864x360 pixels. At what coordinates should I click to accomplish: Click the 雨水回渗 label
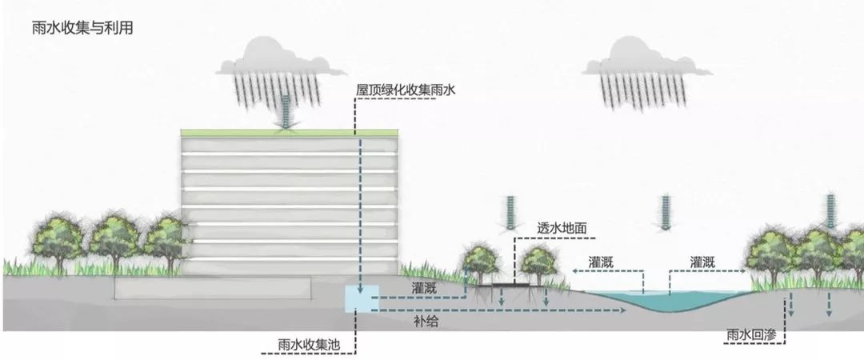tap(751, 333)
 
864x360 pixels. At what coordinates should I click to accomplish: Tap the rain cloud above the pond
tap(647, 61)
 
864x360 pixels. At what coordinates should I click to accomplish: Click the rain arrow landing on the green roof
tap(286, 112)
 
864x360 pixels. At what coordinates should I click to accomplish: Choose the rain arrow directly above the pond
tap(664, 212)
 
